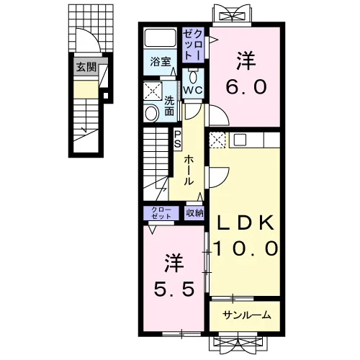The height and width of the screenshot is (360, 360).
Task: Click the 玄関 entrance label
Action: coord(86,67)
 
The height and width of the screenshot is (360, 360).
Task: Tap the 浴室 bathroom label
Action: coord(160,61)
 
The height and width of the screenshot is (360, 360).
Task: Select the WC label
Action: coord(192,90)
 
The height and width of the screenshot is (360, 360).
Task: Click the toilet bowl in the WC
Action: coord(193,77)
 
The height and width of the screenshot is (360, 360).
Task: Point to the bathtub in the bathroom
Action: coord(160,38)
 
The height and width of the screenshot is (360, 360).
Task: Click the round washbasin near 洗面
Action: coord(152,113)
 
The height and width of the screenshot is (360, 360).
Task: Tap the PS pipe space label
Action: coord(177,139)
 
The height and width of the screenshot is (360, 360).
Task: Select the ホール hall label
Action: coord(189,170)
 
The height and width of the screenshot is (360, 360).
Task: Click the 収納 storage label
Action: coord(194,212)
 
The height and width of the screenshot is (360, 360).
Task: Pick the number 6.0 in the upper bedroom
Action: coord(246,87)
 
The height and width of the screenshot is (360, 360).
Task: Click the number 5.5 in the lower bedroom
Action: coord(174,289)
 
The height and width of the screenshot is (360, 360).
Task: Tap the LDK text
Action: coord(246,223)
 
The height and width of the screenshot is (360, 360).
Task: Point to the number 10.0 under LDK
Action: coord(246,248)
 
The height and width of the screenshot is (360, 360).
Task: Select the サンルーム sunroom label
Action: coord(247,315)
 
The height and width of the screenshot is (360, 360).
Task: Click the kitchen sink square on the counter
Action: coord(240,140)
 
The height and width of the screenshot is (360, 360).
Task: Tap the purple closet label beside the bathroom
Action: coord(194,45)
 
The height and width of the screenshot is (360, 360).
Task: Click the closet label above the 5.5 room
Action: coord(161,212)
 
